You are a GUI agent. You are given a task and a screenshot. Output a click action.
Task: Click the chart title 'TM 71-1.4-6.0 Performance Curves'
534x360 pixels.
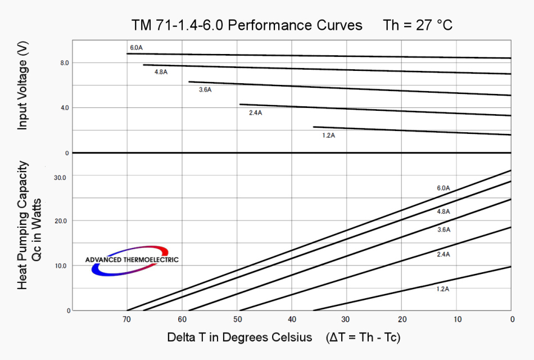click(247, 25)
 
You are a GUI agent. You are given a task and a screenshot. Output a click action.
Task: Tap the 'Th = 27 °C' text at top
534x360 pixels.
click(418, 25)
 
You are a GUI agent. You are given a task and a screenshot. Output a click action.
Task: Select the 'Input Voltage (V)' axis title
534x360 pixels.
click(22, 88)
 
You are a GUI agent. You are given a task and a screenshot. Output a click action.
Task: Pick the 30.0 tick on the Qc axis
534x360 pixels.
click(60, 178)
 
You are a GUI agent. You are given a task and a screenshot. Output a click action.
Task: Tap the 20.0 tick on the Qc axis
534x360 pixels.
click(60, 221)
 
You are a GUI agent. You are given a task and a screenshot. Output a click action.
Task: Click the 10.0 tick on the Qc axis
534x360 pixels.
click(60, 266)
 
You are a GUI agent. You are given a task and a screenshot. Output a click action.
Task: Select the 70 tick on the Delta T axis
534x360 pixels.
click(127, 319)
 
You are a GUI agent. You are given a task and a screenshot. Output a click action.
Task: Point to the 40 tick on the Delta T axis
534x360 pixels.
click(292, 319)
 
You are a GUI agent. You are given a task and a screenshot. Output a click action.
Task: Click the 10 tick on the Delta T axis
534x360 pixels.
click(458, 319)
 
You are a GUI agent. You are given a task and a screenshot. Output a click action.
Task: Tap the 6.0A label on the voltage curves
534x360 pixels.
click(136, 48)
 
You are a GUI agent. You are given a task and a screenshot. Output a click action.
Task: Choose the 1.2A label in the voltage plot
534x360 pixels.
click(329, 135)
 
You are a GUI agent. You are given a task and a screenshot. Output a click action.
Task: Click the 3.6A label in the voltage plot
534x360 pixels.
click(205, 90)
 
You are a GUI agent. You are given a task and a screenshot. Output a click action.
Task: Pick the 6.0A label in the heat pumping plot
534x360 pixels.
click(444, 188)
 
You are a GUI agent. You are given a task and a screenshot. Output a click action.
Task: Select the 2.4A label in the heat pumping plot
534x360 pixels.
click(444, 254)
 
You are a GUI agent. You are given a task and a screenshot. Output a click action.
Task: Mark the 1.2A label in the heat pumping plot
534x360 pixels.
click(443, 289)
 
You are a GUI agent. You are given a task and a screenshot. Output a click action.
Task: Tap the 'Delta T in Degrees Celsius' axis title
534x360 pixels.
click(239, 337)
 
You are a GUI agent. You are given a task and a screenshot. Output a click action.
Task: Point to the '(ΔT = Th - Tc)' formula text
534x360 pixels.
click(363, 337)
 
